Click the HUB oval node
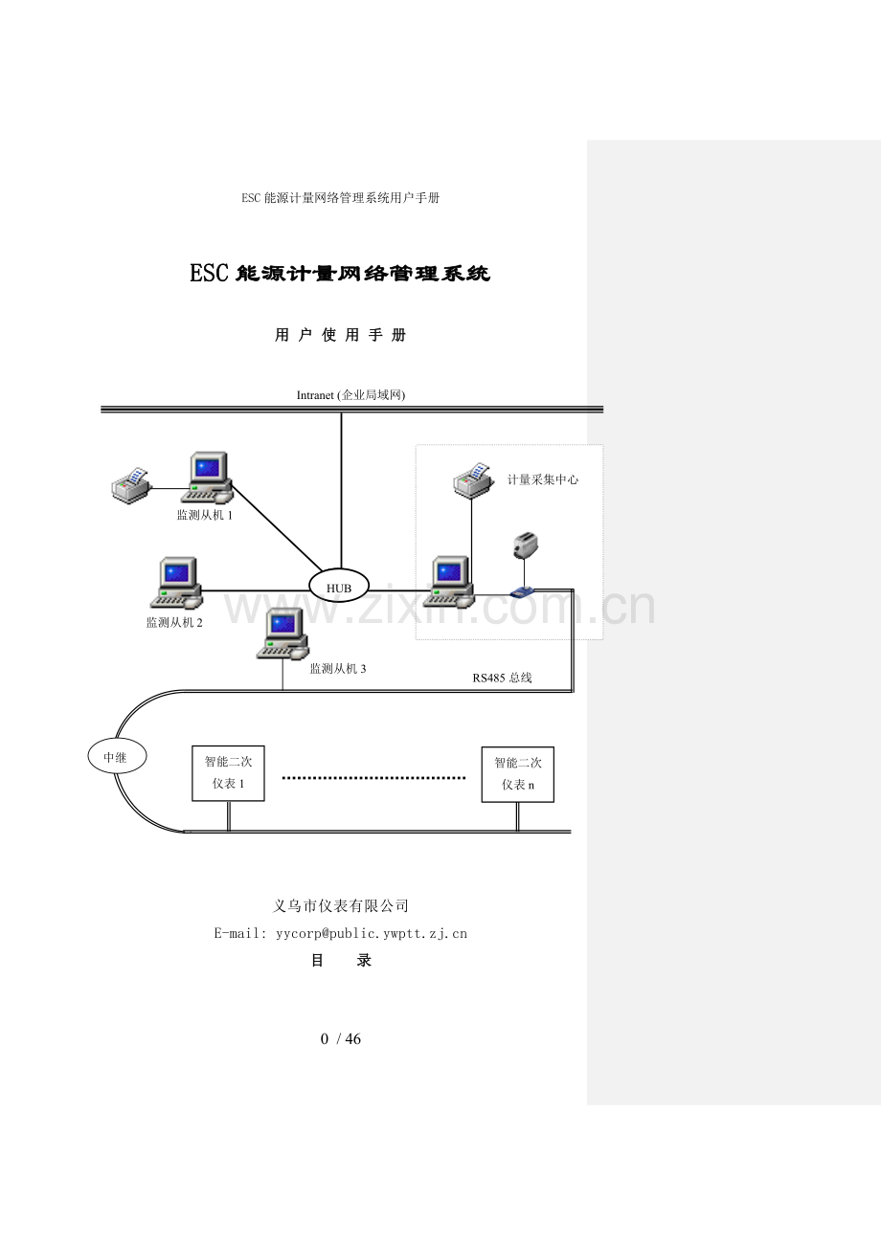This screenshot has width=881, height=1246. [339, 586]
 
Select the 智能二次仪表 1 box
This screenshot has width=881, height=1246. [228, 773]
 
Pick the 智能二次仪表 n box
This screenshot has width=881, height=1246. [517, 774]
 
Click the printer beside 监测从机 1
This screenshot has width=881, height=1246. [130, 485]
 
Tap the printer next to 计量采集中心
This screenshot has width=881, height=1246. [472, 478]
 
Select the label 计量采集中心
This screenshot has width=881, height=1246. [542, 479]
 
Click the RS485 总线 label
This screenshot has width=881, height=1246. [502, 678]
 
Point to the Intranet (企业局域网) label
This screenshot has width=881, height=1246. [350, 394]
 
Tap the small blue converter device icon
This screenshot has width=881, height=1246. [522, 592]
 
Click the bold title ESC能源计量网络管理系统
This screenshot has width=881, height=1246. [340, 274]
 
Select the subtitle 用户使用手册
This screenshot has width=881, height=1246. [340, 335]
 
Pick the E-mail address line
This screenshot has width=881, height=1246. [340, 933]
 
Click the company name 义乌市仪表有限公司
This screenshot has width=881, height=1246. [341, 905]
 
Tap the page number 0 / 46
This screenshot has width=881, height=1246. [341, 1039]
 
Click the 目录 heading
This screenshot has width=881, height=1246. [341, 961]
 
